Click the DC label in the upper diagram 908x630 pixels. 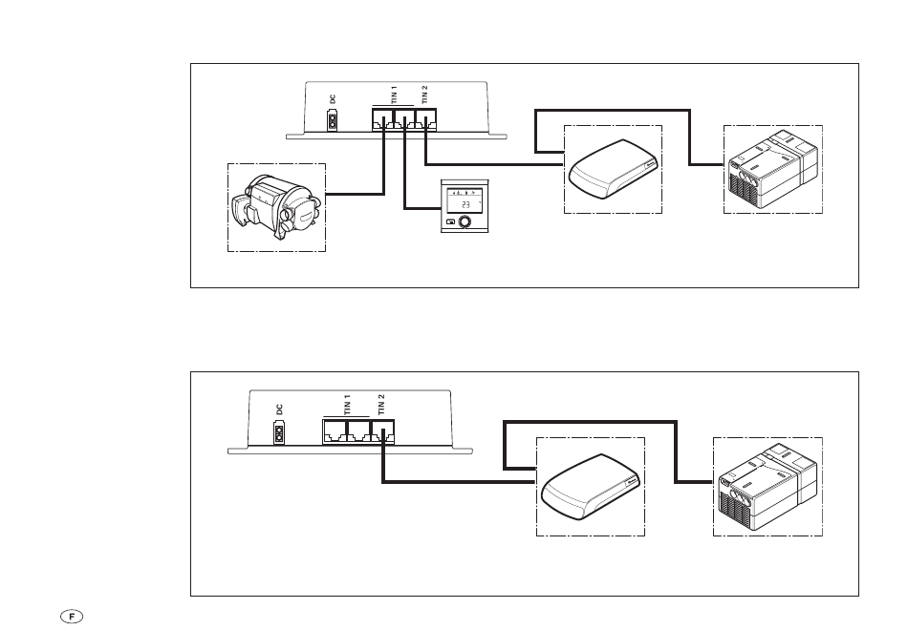(x=333, y=99)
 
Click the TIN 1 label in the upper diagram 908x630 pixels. (x=395, y=94)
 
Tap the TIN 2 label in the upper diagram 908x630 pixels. (x=424, y=94)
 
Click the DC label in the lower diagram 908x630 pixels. (x=280, y=409)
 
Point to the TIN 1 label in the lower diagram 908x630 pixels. (x=348, y=405)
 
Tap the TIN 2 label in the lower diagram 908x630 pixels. (x=381, y=405)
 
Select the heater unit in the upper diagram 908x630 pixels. (x=275, y=208)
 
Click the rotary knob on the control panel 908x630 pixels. (x=464, y=222)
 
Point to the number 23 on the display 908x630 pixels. (x=465, y=205)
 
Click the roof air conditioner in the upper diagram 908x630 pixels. (x=614, y=169)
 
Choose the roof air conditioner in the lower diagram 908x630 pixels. (x=590, y=487)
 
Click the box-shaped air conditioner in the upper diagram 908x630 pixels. (x=773, y=169)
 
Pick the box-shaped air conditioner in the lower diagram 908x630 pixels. (x=767, y=487)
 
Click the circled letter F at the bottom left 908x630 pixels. (x=72, y=616)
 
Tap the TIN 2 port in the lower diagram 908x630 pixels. (x=382, y=431)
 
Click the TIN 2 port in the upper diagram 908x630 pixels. (x=426, y=119)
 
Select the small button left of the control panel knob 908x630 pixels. (x=449, y=222)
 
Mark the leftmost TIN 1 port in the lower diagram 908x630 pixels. (x=335, y=431)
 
